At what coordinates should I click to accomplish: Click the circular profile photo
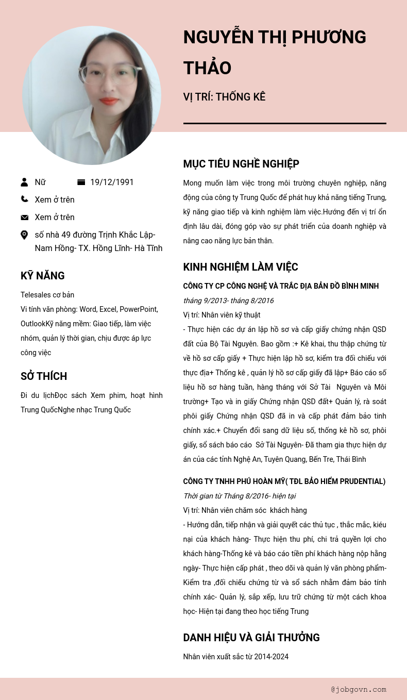(92, 95)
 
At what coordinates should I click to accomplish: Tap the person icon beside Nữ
(24, 182)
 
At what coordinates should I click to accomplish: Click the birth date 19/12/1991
(112, 182)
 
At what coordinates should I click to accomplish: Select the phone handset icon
(24, 199)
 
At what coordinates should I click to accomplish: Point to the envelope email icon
(24, 218)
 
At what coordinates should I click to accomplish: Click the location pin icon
(24, 235)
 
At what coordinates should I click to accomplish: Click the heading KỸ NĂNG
(43, 276)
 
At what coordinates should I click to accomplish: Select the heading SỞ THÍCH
(44, 376)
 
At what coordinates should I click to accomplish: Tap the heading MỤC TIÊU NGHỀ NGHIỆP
(241, 164)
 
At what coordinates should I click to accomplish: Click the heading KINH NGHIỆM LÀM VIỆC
(241, 267)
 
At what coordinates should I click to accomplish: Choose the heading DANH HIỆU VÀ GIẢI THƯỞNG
(251, 638)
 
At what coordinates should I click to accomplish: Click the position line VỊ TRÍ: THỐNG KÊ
(224, 97)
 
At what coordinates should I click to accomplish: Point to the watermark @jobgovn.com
(359, 689)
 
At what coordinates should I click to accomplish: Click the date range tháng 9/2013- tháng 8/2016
(228, 301)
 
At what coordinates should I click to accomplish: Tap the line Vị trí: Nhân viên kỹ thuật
(222, 315)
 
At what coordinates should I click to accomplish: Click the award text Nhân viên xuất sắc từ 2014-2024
(235, 657)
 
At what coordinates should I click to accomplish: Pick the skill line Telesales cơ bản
(47, 295)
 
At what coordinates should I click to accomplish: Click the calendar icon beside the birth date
(81, 182)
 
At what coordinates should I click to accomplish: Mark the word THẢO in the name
(207, 68)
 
